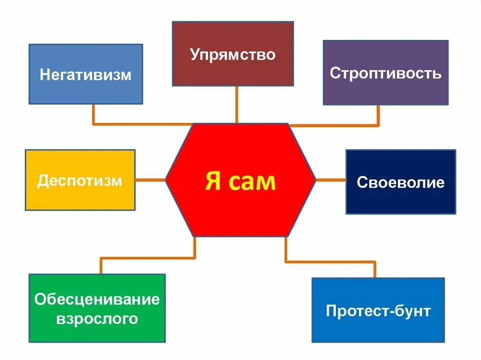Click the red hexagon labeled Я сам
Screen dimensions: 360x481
point(240,207)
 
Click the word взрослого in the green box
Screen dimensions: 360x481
point(97,319)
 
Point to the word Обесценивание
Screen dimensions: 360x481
point(97,299)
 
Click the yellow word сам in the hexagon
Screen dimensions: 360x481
point(253,181)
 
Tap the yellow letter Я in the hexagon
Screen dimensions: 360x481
point(214,181)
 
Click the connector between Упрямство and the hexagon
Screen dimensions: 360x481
point(236,104)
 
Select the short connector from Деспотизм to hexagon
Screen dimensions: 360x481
point(150,179)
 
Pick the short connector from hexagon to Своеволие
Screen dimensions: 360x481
point(331,179)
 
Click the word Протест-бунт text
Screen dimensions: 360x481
point(378,311)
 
